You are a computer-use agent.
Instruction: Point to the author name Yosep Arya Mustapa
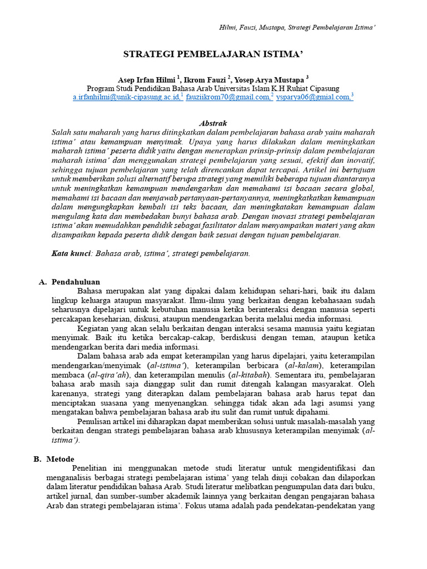269,79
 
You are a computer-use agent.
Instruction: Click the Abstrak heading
213,123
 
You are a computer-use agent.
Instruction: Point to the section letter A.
42,282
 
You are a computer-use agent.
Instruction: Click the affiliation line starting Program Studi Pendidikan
213,88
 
